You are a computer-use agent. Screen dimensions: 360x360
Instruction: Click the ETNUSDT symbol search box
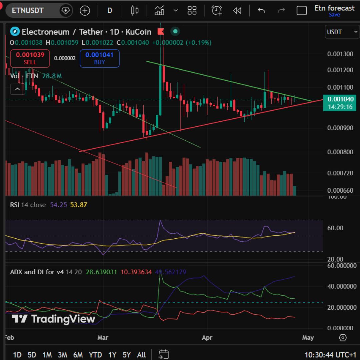[x=28, y=11]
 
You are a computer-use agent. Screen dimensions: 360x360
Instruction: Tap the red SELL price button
[x=30, y=58]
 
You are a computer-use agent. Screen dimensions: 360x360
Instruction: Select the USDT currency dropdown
[x=341, y=32]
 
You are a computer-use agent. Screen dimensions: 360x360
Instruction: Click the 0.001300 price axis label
[x=340, y=54]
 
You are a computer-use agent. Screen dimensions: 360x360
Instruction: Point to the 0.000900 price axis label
[x=340, y=128]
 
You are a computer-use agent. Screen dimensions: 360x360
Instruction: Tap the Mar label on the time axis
[x=103, y=338]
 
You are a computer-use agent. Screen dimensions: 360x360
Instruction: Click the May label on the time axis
[x=308, y=338]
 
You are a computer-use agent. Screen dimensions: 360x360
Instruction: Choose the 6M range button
[x=78, y=355]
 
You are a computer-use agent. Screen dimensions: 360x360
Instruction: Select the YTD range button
[x=95, y=355]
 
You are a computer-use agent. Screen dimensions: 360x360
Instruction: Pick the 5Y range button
[x=127, y=355]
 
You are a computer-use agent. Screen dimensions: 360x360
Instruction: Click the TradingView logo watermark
[x=53, y=319]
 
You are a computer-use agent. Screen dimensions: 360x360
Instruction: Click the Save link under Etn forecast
[x=334, y=15]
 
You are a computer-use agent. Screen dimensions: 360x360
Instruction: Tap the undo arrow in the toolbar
[x=261, y=11]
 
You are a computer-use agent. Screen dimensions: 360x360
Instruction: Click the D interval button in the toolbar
[x=110, y=11]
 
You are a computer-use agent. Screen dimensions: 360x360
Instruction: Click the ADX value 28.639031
[x=101, y=272]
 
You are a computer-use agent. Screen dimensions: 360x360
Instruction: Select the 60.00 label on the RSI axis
[x=335, y=228]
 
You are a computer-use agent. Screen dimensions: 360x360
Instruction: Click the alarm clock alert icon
[x=217, y=11]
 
